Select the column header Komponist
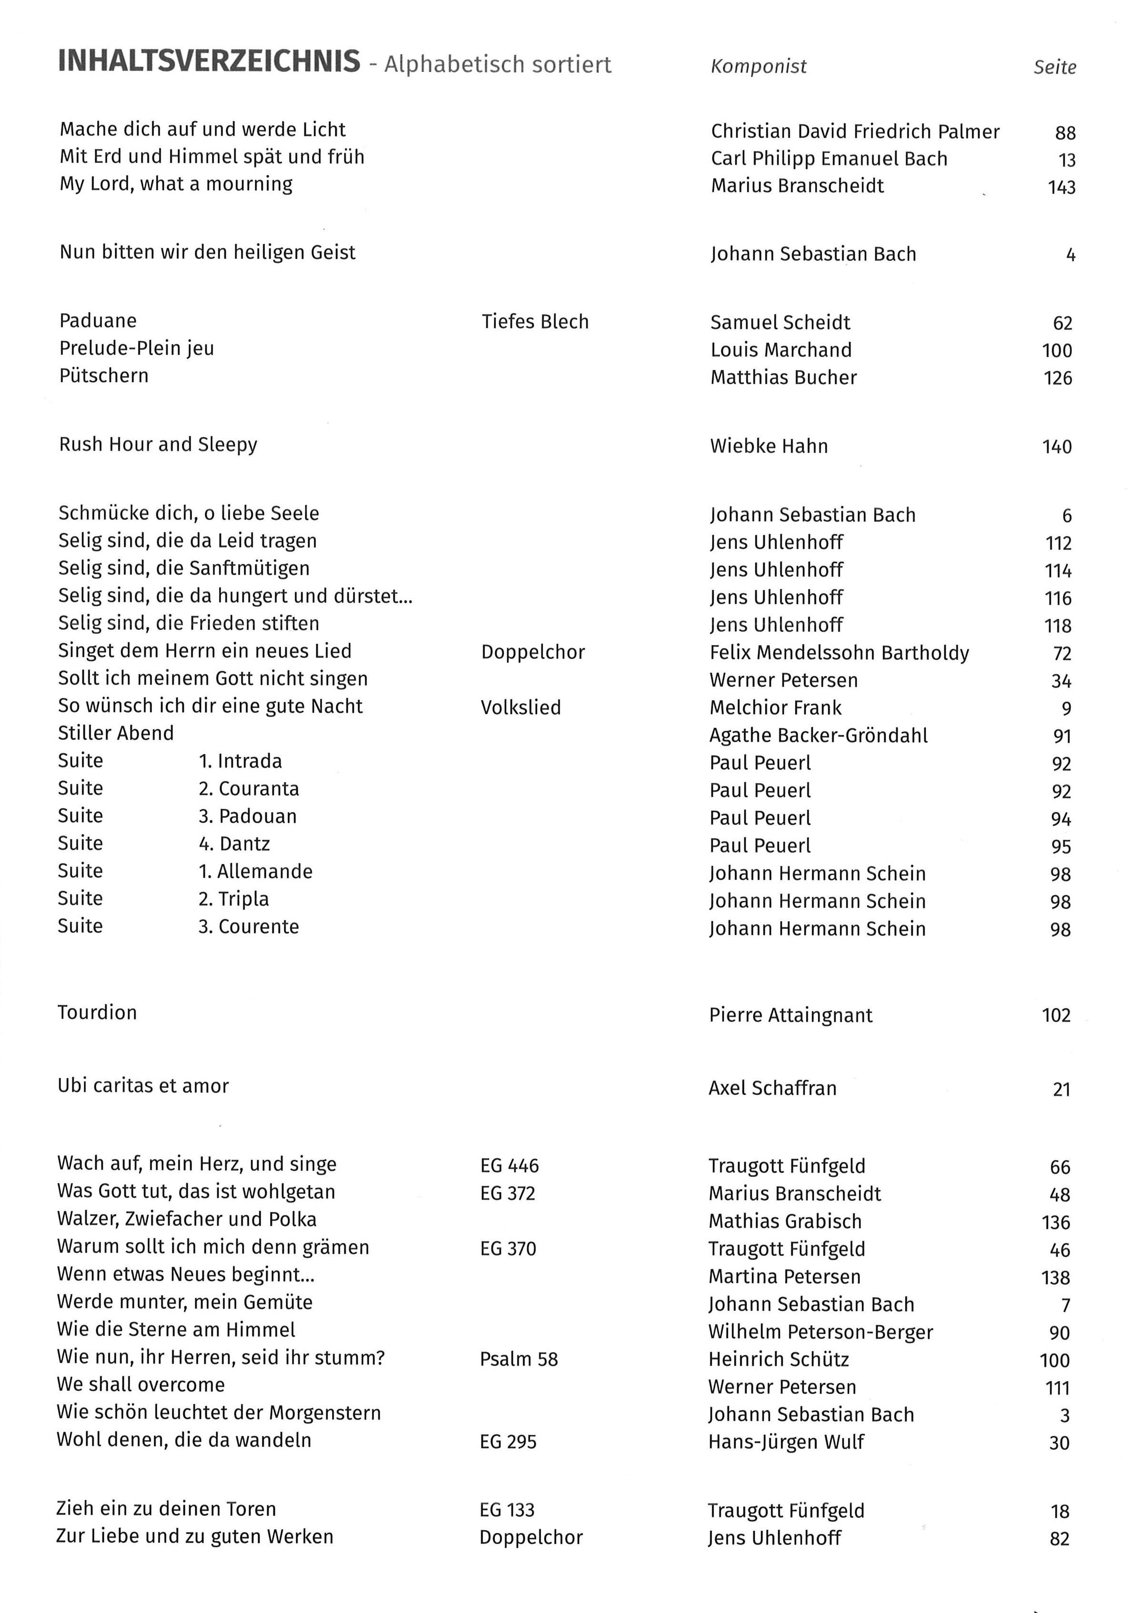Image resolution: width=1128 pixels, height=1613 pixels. pos(758,67)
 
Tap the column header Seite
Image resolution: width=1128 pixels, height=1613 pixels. pos(1054,68)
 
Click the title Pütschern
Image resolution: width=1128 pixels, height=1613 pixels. pos(104,376)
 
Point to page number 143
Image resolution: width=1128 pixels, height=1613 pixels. pos(1061,188)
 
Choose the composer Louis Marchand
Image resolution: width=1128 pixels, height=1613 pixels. pos(781,350)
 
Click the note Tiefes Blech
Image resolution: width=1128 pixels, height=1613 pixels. pos(535,322)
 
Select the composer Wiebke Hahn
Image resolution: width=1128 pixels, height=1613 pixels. pos(769,446)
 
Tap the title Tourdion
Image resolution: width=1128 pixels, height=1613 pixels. pos(97,1012)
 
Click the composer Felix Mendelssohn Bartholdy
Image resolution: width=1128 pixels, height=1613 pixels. pos(839,653)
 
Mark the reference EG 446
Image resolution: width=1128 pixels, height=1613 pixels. pos(510,1166)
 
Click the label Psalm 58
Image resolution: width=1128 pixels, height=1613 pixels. pos(519,1359)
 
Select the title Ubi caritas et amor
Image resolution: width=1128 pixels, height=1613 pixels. pos(143,1086)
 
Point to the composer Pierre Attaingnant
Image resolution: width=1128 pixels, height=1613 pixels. pos(791,1015)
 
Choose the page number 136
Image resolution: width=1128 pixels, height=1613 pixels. pos(1056,1223)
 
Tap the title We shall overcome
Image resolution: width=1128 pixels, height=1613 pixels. pos(141,1384)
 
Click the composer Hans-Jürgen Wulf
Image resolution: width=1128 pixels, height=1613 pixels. pos(786,1442)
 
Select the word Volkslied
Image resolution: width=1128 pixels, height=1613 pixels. pos(521,707)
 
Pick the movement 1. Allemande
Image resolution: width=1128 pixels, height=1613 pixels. pos(255,872)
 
